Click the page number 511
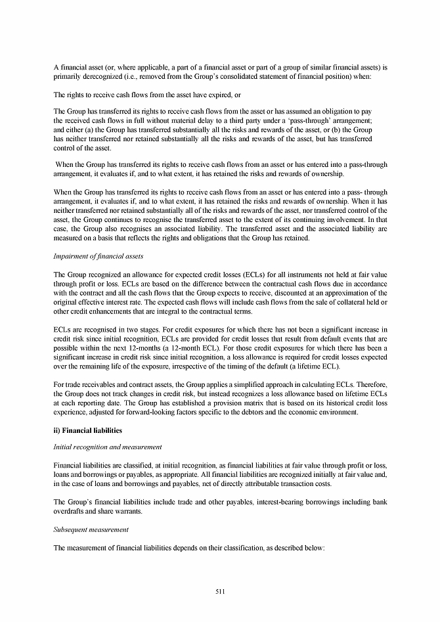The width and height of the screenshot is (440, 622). coord(220,591)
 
